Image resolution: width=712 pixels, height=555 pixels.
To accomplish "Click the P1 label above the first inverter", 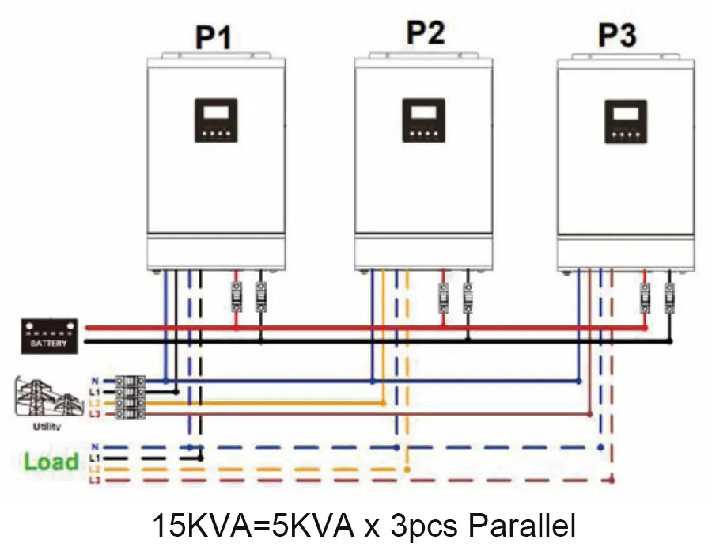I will pyautogui.click(x=213, y=36).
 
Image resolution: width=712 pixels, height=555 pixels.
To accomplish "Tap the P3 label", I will pyautogui.click(x=618, y=36).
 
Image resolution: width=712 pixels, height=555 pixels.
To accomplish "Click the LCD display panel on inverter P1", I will pyautogui.click(x=215, y=120).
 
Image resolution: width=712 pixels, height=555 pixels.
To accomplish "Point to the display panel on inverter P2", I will pyautogui.click(x=423, y=120).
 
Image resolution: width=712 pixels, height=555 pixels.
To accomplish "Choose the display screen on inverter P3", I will pyautogui.click(x=626, y=121).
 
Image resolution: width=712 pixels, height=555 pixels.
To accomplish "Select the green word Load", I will pyautogui.click(x=51, y=462).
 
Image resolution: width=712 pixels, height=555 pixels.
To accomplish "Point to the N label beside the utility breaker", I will pyautogui.click(x=95, y=381).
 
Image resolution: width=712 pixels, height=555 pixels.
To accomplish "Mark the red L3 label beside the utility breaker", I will pyautogui.click(x=95, y=414).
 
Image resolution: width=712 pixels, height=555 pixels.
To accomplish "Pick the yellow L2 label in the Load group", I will pyautogui.click(x=95, y=469).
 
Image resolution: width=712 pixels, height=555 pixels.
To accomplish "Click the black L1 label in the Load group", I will pyautogui.click(x=95, y=458).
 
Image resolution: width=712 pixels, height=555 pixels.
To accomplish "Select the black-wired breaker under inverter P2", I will pyautogui.click(x=467, y=297).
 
